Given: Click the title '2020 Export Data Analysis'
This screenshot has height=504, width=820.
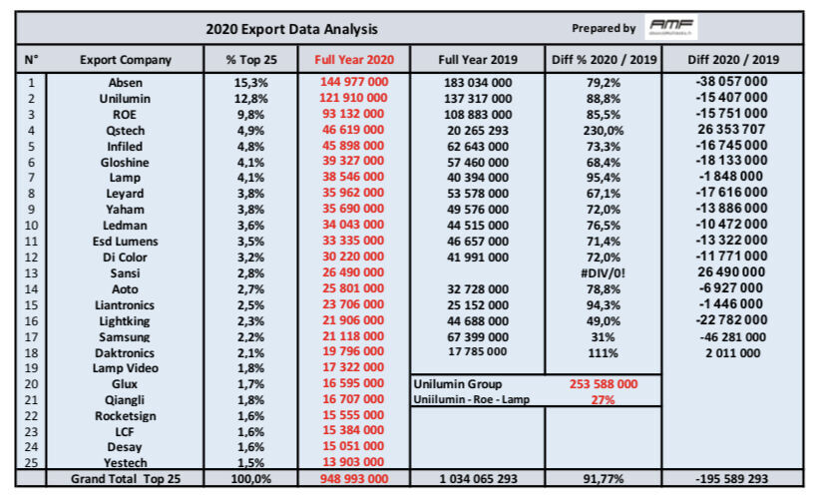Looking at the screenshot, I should pos(291,29).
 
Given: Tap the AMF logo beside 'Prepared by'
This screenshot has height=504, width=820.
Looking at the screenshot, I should pos(672,28).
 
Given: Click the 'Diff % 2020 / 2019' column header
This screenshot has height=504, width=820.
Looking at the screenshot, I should pos(604,60).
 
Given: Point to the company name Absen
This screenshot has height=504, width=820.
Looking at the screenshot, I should pos(126,82).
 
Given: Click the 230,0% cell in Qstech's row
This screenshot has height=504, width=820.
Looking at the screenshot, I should pos(604,130).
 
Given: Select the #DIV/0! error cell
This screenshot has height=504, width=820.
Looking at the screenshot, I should pos(604,271).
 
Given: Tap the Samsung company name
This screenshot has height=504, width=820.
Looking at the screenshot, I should pos(126,336).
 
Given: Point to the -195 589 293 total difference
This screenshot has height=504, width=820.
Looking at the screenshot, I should pos(731,480).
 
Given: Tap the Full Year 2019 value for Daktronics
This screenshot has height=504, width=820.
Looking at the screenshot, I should pos(476,352).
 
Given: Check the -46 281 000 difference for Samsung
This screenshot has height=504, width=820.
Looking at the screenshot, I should pos(731,336).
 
